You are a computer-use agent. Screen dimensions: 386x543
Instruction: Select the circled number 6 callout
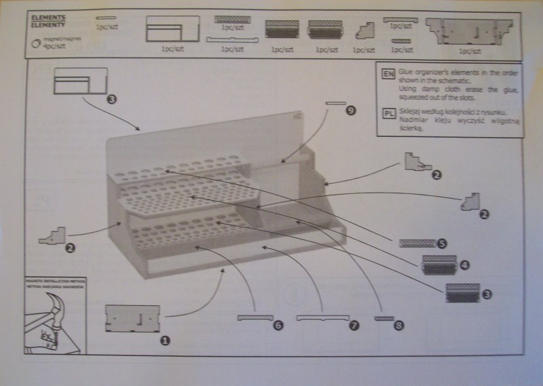(277, 326)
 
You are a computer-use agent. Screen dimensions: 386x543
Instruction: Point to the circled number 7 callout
(353, 326)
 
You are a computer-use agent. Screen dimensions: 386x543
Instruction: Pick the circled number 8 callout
(398, 326)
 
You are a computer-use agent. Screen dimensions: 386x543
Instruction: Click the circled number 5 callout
(442, 242)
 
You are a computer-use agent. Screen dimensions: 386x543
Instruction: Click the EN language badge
(388, 73)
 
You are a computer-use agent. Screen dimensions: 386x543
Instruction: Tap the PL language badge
(388, 113)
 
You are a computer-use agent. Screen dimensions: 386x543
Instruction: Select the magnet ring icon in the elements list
(37, 43)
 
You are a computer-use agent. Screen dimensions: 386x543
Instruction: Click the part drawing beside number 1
(132, 318)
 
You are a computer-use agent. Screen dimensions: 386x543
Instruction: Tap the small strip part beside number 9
(336, 104)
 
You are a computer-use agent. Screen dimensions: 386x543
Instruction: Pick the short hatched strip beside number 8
(384, 317)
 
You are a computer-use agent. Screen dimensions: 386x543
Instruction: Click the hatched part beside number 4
(438, 265)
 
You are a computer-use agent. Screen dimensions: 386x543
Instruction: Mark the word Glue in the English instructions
(406, 71)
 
